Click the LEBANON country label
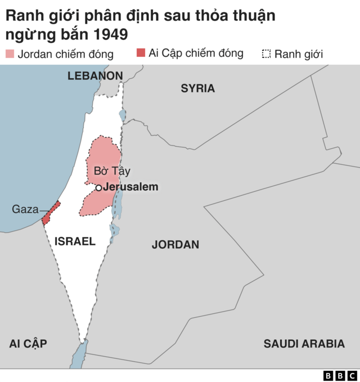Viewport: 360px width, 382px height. click(94, 75)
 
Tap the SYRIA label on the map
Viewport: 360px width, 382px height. click(197, 88)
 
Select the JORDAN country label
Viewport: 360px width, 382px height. click(175, 245)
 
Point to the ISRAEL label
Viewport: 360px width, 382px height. click(75, 241)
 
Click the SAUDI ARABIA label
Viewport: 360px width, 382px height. click(304, 344)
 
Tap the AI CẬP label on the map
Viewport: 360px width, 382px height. click(28, 344)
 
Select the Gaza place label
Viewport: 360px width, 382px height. click(25, 209)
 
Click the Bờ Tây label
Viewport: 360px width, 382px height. click(112, 171)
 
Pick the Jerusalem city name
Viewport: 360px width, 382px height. click(131, 187)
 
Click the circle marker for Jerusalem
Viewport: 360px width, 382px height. click(98, 187)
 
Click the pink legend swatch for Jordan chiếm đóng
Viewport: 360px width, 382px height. click(10, 54)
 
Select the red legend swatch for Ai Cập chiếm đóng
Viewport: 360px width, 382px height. click(141, 53)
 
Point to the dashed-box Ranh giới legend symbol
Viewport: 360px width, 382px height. click(267, 54)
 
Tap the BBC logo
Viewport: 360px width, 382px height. click(340, 375)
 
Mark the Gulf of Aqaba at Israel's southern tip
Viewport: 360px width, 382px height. click(79, 354)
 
